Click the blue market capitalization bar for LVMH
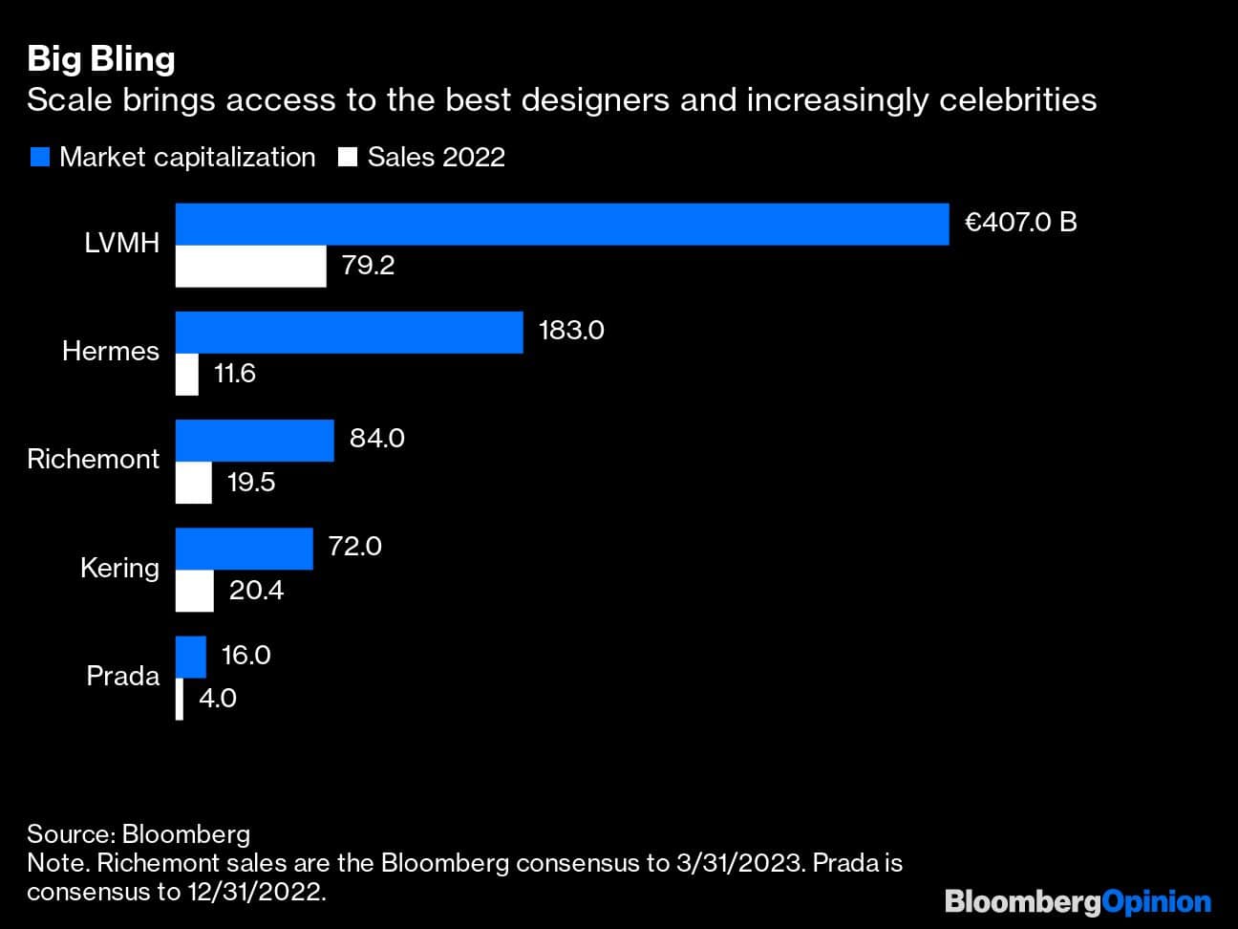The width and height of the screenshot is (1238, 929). [x=562, y=224]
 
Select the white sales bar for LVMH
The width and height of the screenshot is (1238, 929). [x=250, y=267]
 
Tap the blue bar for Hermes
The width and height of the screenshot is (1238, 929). [x=349, y=332]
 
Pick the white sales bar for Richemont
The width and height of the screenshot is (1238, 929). [x=194, y=483]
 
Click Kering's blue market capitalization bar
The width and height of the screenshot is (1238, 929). [x=244, y=549]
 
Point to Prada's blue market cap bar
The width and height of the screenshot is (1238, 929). [x=191, y=657]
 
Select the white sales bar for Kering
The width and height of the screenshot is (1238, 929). [x=195, y=591]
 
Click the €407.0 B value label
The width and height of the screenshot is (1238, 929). [x=1021, y=223]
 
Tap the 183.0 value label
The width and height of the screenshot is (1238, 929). [x=571, y=331]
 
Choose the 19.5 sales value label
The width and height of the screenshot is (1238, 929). [x=251, y=482]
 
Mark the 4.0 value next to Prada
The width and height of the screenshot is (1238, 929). [x=218, y=699]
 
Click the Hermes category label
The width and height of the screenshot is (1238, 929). [x=111, y=351]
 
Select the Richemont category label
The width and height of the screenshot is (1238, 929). [x=94, y=459]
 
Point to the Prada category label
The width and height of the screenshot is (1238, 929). [x=122, y=676]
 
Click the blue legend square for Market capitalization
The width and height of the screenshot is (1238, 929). [x=39, y=158]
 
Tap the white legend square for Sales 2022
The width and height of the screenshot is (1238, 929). [x=348, y=158]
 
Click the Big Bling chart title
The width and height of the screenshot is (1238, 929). [x=101, y=59]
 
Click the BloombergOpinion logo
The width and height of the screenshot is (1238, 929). [x=1078, y=901]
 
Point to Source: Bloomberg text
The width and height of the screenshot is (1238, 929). [x=139, y=834]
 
